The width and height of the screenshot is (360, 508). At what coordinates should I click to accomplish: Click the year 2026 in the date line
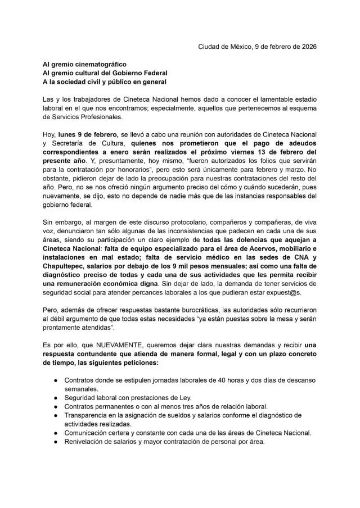(307, 46)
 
